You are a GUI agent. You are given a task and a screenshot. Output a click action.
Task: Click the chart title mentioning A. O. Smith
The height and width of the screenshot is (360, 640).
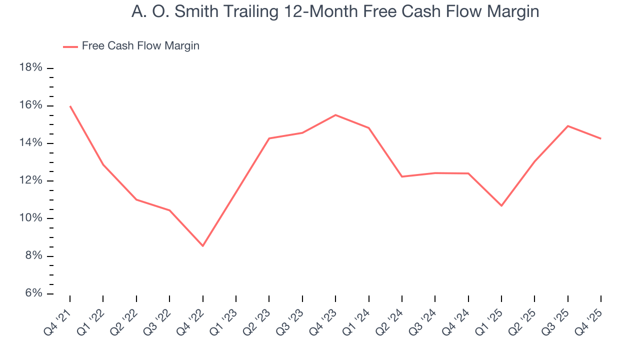click(335, 11)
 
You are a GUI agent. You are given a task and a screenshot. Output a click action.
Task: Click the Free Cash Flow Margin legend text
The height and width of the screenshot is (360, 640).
click(140, 46)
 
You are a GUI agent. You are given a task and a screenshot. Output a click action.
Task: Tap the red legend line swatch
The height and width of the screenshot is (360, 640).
click(70, 46)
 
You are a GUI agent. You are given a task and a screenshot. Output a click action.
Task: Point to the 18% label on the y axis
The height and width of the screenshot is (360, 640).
click(30, 68)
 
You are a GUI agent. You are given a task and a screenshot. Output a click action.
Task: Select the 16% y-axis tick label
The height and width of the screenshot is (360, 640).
click(30, 105)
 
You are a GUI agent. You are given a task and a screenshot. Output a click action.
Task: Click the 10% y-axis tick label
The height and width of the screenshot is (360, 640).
click(30, 218)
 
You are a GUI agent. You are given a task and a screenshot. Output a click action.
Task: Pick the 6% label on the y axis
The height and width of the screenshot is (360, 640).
click(32, 293)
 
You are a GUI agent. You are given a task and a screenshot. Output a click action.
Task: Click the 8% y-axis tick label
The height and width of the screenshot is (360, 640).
click(32, 256)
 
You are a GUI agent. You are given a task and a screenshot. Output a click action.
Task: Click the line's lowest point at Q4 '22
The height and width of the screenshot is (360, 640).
click(202, 246)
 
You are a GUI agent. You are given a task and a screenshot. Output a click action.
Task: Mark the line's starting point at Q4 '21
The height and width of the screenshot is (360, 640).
click(70, 106)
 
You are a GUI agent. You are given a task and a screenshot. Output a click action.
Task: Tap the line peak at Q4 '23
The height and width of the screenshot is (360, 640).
click(335, 115)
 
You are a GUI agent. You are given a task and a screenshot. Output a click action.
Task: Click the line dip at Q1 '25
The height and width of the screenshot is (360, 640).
click(501, 205)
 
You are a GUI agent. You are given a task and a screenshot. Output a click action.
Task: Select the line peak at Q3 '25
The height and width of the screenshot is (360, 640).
click(568, 126)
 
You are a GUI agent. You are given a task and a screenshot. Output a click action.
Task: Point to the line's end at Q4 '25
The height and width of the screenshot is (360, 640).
click(600, 138)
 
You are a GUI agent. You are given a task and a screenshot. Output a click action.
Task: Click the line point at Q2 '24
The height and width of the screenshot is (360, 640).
click(402, 176)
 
